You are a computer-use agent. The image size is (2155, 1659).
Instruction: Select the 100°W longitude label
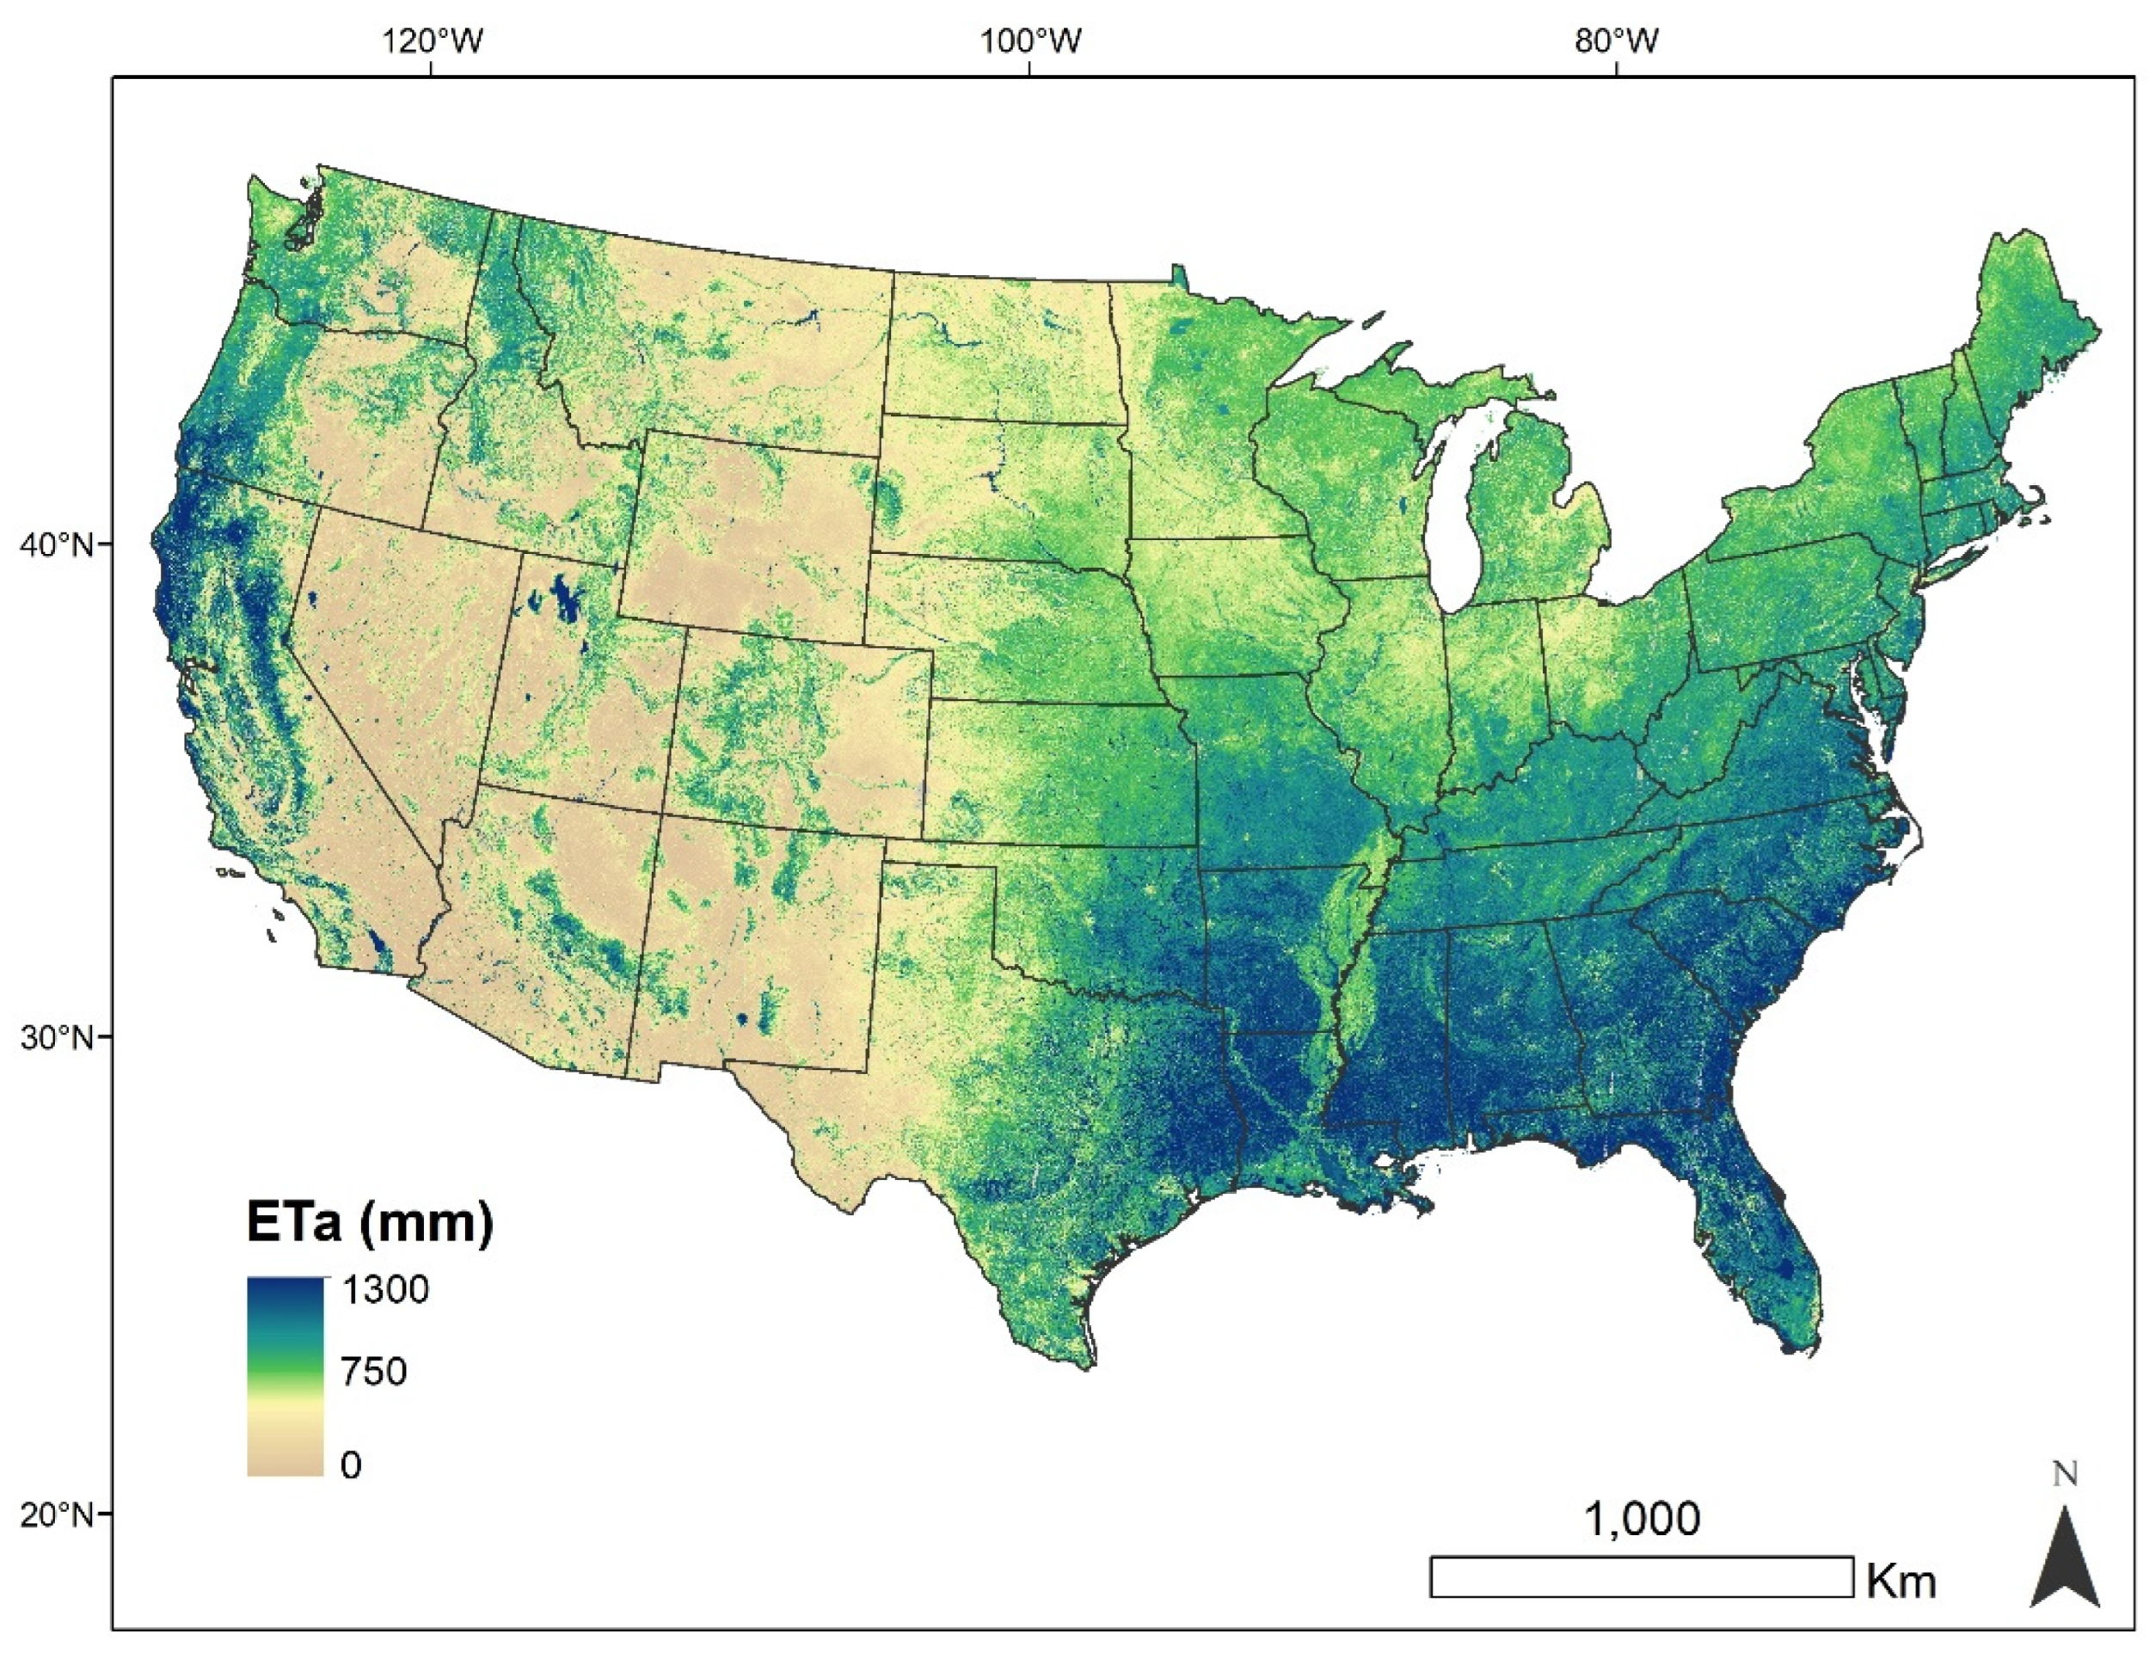(x=1030, y=40)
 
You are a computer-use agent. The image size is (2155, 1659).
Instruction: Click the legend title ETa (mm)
(x=369, y=1223)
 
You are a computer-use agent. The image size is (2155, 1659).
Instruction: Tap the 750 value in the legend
(x=373, y=1371)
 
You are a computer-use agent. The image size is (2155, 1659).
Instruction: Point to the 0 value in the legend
(x=350, y=1465)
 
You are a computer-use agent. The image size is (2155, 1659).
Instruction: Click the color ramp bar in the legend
(x=285, y=1376)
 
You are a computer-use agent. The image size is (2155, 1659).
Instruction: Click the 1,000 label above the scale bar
(x=1642, y=1519)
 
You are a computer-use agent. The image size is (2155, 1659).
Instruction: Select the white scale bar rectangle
(x=1641, y=1576)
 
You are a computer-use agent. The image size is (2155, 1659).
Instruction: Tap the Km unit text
(x=1900, y=1582)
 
